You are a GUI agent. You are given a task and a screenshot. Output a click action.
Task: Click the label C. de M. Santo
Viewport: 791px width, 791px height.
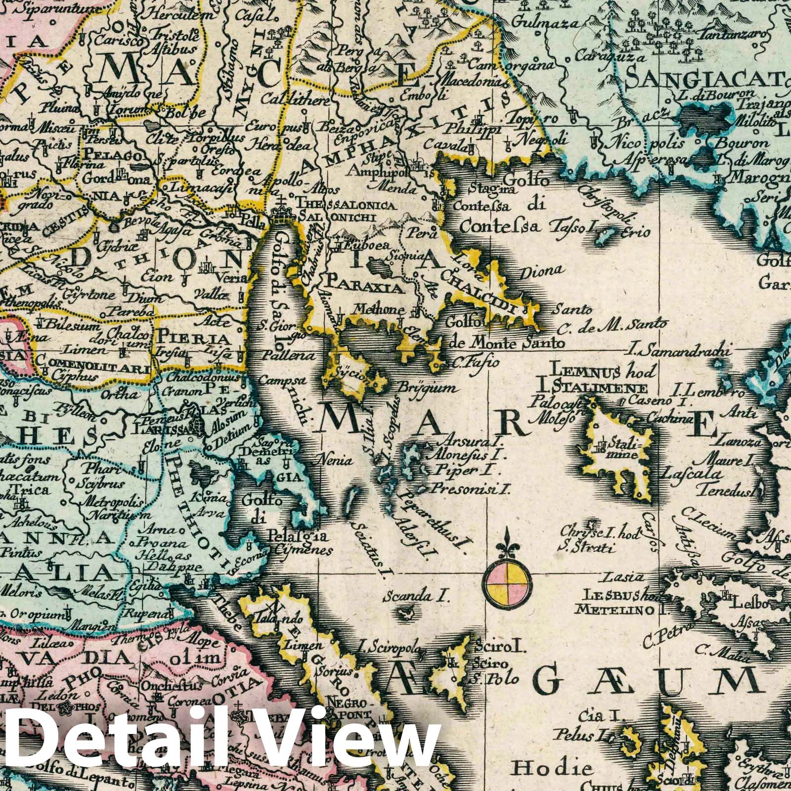612,325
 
